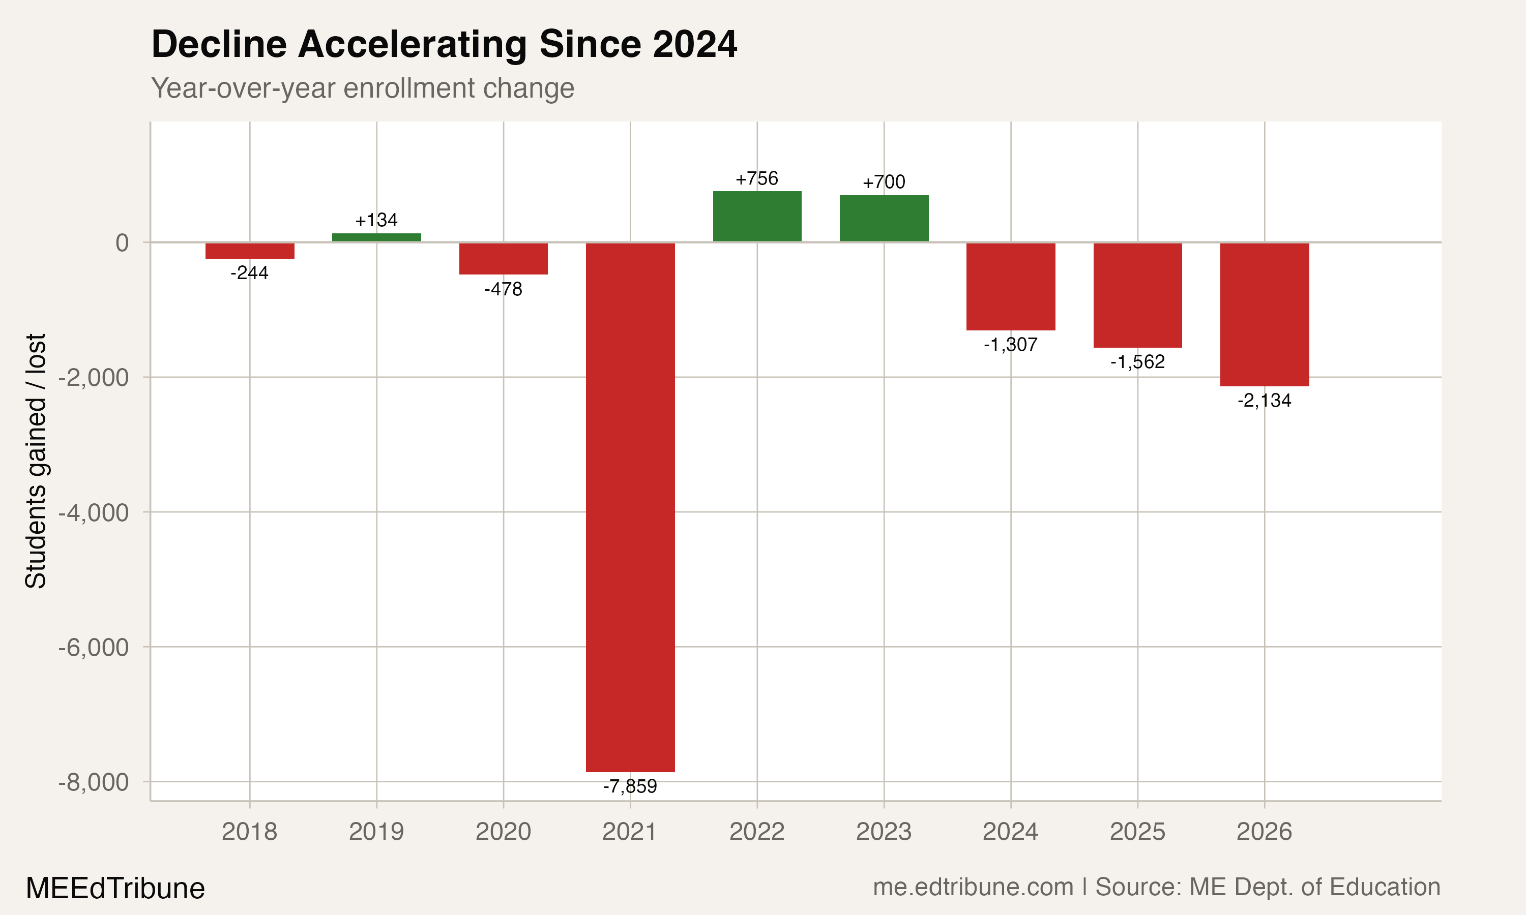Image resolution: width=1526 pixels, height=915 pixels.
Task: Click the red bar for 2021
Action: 630,507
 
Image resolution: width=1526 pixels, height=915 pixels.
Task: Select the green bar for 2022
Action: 757,217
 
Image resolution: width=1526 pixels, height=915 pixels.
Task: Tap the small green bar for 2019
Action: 376,237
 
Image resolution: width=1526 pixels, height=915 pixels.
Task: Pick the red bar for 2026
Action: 1264,315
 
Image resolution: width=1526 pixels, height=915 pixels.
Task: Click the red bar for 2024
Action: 1010,287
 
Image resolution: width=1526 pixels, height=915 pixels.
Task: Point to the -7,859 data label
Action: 630,786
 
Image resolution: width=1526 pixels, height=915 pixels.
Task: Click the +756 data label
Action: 756,179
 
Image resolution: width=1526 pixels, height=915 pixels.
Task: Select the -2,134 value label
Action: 1264,401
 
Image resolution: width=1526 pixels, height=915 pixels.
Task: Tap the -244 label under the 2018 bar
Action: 249,272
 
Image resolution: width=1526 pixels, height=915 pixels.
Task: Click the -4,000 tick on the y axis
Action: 93,512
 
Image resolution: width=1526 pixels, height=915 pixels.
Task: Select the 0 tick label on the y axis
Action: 122,243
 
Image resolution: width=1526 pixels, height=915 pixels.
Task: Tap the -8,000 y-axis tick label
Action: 93,782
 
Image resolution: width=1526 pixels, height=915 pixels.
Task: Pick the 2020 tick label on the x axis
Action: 503,832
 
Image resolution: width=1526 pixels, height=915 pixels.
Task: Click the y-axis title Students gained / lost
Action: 36,461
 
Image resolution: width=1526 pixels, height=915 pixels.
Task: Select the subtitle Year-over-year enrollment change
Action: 363,88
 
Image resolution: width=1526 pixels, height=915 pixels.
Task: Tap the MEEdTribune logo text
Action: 115,889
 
